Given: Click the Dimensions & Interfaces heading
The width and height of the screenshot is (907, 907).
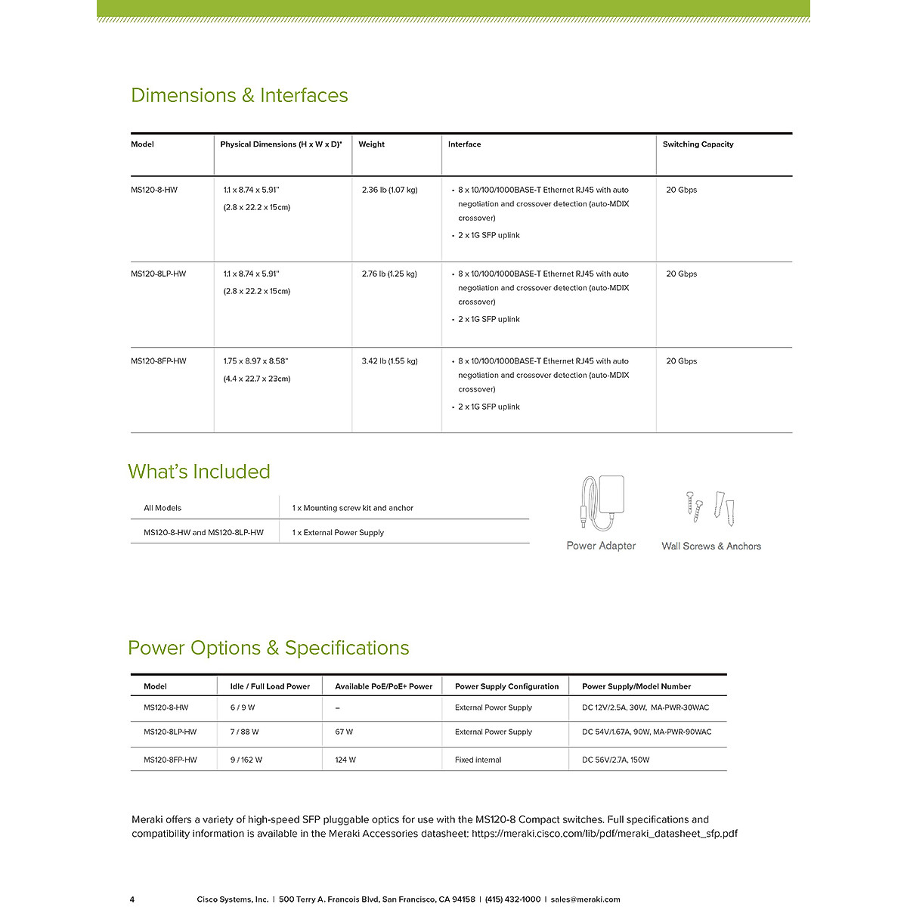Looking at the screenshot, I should pyautogui.click(x=239, y=95).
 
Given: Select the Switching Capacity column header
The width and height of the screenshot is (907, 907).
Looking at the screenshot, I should pyautogui.click(x=698, y=144).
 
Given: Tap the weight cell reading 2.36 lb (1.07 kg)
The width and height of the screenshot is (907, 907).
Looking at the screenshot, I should pyautogui.click(x=389, y=190).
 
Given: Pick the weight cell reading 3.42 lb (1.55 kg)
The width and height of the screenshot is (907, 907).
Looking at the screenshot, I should pyautogui.click(x=389, y=361).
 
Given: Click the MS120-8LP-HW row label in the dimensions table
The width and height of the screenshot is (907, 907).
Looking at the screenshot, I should pyautogui.click(x=158, y=274).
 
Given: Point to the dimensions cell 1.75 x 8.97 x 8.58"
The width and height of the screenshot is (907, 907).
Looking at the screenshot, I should pyautogui.click(x=255, y=361).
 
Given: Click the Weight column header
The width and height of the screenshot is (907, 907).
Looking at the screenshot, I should pyautogui.click(x=371, y=144).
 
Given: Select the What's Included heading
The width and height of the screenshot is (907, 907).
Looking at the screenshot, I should pyautogui.click(x=199, y=472).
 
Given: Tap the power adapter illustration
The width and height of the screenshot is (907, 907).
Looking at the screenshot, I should pyautogui.click(x=602, y=503).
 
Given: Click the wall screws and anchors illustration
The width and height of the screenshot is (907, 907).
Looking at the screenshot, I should pyautogui.click(x=710, y=507).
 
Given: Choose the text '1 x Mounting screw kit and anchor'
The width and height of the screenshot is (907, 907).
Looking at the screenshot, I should pyautogui.click(x=352, y=508).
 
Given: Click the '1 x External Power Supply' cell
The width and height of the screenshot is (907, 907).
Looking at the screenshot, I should pyautogui.click(x=338, y=533).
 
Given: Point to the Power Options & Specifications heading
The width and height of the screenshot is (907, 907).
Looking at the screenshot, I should pyautogui.click(x=268, y=648).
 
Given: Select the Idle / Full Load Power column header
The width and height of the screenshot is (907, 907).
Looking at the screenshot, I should pyautogui.click(x=270, y=686).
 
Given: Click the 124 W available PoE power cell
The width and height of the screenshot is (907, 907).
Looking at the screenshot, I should pyautogui.click(x=345, y=760).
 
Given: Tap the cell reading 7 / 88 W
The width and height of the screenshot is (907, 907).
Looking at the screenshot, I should pyautogui.click(x=244, y=732).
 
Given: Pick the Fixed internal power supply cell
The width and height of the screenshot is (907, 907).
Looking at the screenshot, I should pyautogui.click(x=478, y=760).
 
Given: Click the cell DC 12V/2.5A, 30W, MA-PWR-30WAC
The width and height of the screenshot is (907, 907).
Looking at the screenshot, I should pyautogui.click(x=645, y=707).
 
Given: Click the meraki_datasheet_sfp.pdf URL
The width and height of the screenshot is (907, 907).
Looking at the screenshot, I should pyautogui.click(x=605, y=834).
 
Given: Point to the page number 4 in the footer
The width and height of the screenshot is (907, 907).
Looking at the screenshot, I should pyautogui.click(x=132, y=899).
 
